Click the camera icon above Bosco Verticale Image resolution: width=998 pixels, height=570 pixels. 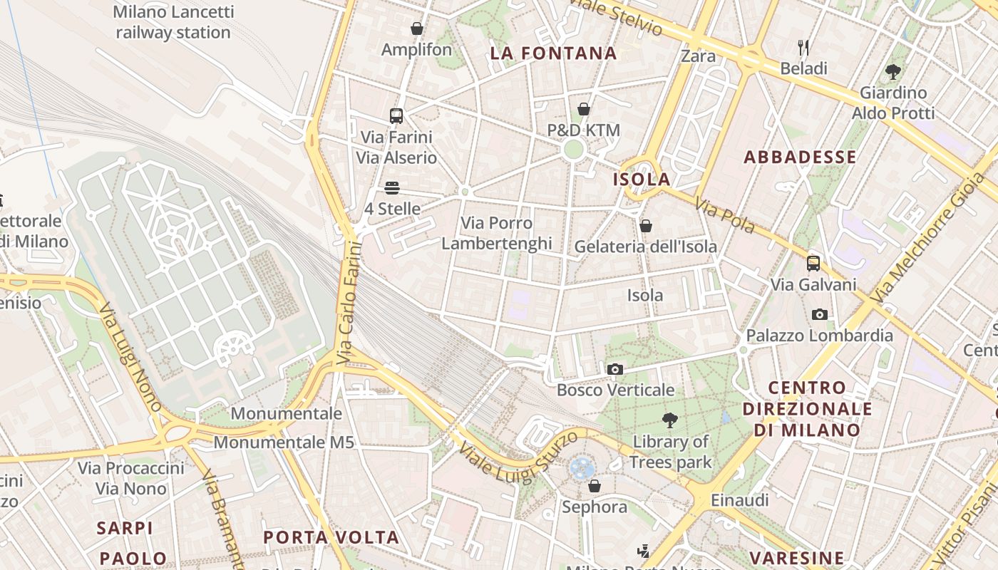614,369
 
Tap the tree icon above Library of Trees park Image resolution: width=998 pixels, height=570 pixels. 669,420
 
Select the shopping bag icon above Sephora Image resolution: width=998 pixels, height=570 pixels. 594,486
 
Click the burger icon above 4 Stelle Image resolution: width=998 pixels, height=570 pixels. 391,188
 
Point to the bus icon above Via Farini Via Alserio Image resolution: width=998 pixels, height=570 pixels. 396,115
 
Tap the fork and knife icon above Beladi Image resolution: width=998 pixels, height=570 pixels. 803,48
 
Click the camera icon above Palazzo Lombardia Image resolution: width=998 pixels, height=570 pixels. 819,314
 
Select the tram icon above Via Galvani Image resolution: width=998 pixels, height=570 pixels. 813,264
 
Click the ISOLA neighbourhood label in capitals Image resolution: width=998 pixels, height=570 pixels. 642,180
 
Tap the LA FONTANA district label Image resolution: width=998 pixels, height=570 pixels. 553,53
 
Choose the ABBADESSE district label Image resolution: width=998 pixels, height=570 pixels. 800,157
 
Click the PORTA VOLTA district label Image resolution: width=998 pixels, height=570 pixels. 331,537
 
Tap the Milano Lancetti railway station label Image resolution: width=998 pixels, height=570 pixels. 173,22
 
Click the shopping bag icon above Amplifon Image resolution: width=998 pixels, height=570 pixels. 416,28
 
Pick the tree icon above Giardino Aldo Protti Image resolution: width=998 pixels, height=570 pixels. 892,71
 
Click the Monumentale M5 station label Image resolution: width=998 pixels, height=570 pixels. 284,442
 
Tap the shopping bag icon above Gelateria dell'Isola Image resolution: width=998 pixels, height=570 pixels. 645,226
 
